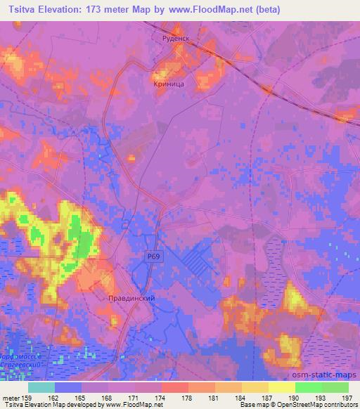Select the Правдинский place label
coord(131,299)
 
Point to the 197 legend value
coord(347,398)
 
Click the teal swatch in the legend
coord(41,387)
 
